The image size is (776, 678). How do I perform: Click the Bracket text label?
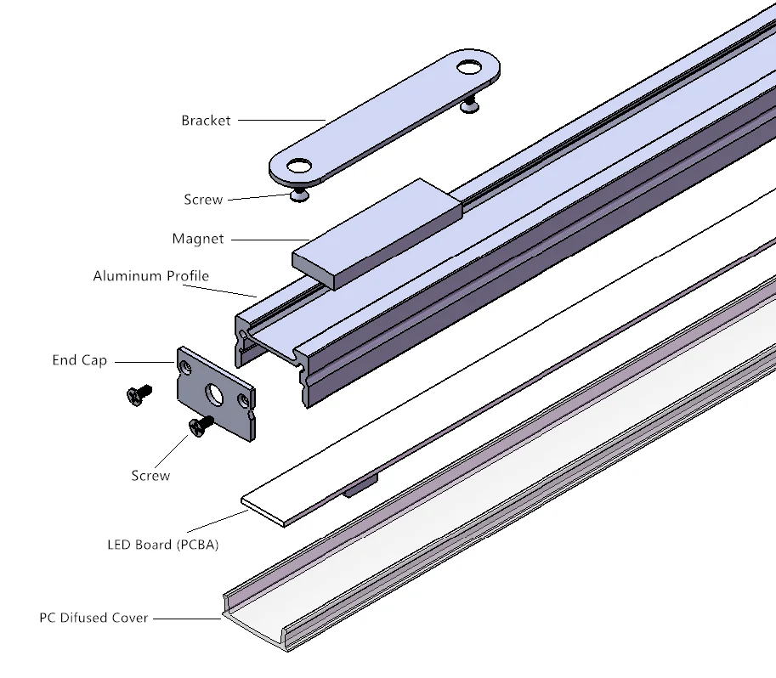point(206,121)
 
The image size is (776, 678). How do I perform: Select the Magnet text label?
point(198,239)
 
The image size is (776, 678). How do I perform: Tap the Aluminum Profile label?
point(150,276)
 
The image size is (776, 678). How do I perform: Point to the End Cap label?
point(80,360)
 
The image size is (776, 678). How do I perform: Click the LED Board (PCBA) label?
point(162,545)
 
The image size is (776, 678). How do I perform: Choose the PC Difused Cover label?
point(93,618)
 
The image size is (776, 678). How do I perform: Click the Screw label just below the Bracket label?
point(203,200)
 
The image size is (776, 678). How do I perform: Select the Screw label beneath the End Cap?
point(150,476)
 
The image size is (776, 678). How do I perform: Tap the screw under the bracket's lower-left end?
point(298,195)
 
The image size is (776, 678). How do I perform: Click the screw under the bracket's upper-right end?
point(469,105)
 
